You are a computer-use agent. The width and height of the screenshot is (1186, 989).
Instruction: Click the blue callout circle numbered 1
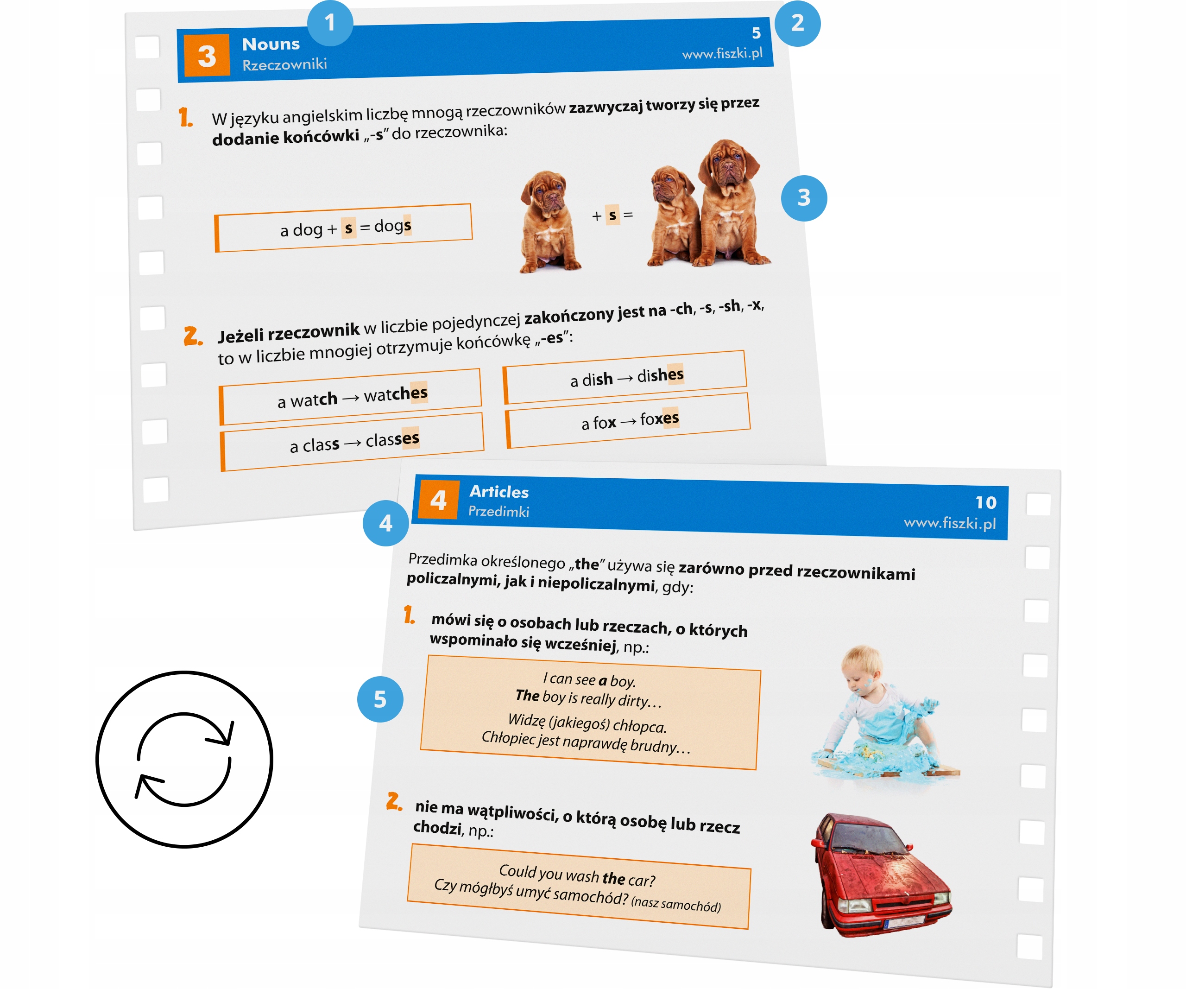tap(330, 23)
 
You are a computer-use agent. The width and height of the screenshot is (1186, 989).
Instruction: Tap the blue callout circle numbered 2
tap(797, 23)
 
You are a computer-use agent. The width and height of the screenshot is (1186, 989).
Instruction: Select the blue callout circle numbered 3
tap(804, 198)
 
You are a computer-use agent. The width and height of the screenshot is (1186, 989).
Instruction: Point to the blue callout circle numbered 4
tap(386, 523)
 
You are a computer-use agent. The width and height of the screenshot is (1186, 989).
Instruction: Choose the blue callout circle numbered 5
tap(380, 699)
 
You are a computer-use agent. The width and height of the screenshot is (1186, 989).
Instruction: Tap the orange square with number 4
tap(438, 500)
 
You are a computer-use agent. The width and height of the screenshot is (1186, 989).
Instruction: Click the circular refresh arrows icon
tap(184, 759)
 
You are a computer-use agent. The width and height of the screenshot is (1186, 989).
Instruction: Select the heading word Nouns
tap(271, 44)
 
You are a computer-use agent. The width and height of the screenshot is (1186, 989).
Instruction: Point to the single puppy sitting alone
tap(548, 222)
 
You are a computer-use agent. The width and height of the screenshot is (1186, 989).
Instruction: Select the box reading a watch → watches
tap(351, 397)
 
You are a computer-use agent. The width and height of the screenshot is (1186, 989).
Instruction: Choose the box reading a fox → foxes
tap(629, 420)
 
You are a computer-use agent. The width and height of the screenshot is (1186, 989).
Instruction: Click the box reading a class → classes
tap(353, 442)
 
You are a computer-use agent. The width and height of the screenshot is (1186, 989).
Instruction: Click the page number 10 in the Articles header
tap(985, 503)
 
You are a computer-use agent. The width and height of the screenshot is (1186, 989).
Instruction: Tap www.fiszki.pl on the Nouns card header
tap(722, 54)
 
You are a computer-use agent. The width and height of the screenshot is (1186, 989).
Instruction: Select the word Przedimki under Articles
tap(498, 512)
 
